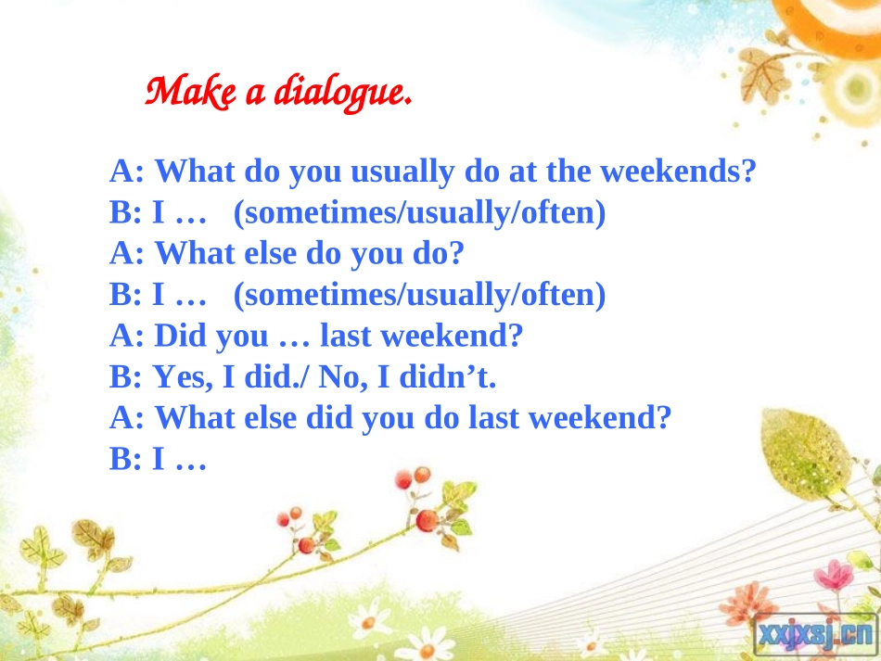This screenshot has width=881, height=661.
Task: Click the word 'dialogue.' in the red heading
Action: (x=343, y=92)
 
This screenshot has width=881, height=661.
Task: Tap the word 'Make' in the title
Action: (x=190, y=91)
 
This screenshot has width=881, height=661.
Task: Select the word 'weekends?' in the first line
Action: (x=679, y=171)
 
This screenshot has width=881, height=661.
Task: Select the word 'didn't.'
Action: (x=448, y=376)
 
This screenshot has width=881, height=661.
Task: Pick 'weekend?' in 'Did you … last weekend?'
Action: (x=452, y=336)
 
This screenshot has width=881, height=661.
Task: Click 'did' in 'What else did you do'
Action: (x=328, y=417)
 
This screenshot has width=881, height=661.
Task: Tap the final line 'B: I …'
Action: (x=158, y=459)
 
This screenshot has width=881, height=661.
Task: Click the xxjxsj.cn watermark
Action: (x=816, y=635)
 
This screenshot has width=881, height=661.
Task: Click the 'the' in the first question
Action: (x=569, y=171)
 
